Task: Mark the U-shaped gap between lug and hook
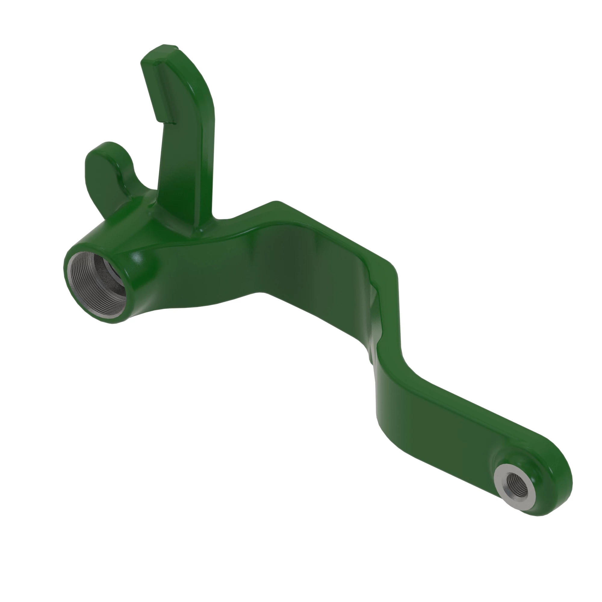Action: pyautogui.click(x=143, y=184)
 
